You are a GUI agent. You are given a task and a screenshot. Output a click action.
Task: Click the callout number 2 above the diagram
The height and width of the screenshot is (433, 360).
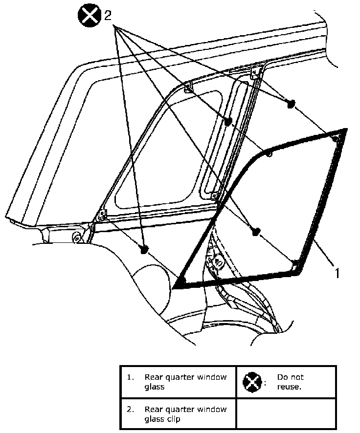[108, 16]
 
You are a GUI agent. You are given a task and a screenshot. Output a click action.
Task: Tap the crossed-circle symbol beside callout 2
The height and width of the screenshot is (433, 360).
[90, 16]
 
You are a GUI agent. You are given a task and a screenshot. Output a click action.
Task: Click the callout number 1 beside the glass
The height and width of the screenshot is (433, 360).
[337, 273]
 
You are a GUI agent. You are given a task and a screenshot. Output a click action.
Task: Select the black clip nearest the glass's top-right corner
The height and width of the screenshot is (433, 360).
[291, 104]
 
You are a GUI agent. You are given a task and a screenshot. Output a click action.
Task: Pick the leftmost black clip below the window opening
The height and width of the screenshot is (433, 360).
[144, 249]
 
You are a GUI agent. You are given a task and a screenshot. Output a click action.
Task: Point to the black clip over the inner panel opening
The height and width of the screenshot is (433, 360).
[228, 121]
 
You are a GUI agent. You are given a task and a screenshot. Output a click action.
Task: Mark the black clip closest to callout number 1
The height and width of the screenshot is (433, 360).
[255, 232]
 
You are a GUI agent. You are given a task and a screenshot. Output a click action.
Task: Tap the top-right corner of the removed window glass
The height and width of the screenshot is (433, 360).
[344, 130]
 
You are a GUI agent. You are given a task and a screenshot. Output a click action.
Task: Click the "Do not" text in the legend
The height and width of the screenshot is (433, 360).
[290, 377]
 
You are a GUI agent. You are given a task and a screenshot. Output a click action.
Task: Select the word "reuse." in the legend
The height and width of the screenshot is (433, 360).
[289, 387]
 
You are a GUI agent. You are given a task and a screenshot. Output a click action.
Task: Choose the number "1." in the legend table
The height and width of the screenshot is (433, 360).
[130, 377]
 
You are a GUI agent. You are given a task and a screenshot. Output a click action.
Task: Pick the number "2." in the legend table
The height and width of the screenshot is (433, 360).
[130, 409]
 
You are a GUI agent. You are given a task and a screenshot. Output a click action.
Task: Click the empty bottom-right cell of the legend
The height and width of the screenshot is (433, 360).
[286, 413]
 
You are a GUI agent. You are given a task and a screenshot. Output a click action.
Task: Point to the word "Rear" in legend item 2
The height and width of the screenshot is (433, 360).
[153, 409]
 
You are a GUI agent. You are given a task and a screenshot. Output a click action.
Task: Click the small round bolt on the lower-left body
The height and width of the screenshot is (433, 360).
[77, 238]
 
